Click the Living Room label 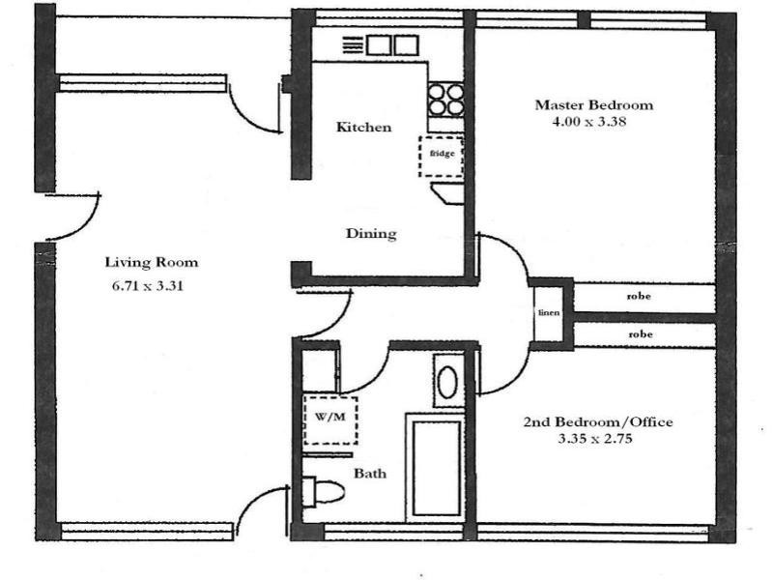pyautogui.click(x=151, y=262)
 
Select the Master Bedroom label pyautogui.click(x=593, y=104)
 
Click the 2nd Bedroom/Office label pyautogui.click(x=597, y=422)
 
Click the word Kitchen pyautogui.click(x=363, y=128)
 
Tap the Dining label pyautogui.click(x=371, y=234)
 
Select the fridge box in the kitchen pyautogui.click(x=441, y=156)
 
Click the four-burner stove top pyautogui.click(x=445, y=99)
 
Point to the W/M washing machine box pyautogui.click(x=330, y=419)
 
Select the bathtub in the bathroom pyautogui.click(x=435, y=466)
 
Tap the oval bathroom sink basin pyautogui.click(x=447, y=383)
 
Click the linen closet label pyautogui.click(x=546, y=314)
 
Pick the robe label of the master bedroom pyautogui.click(x=639, y=297)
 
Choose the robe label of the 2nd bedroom pyautogui.click(x=639, y=334)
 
